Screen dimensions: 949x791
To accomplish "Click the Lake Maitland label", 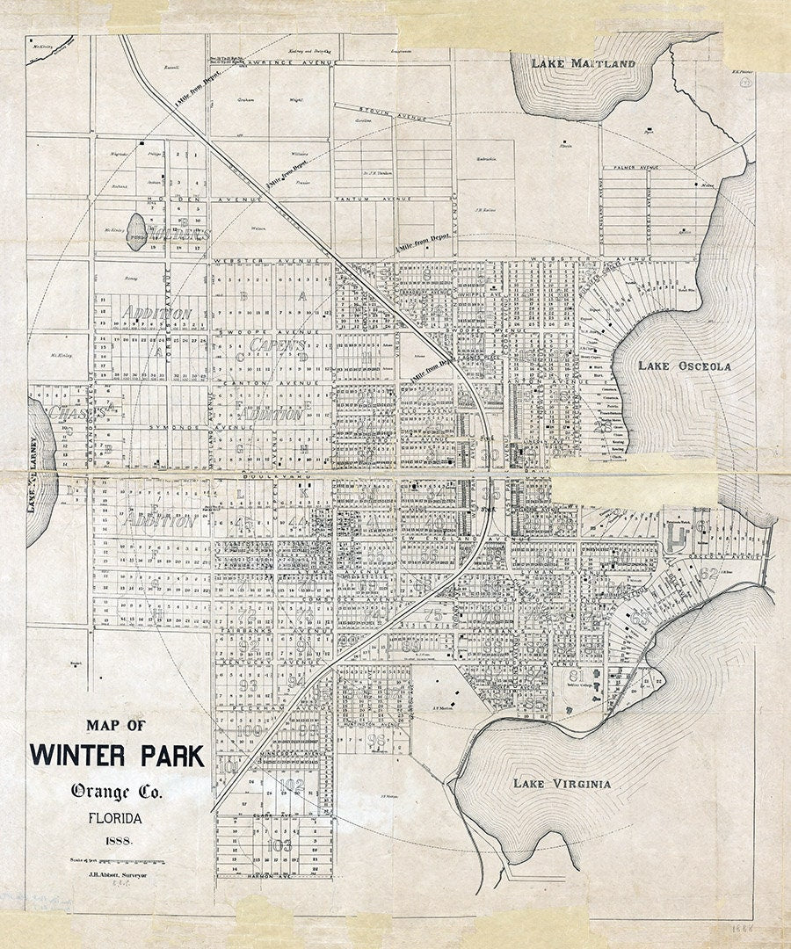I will (x=584, y=64).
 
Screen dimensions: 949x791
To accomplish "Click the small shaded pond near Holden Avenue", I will (x=136, y=230).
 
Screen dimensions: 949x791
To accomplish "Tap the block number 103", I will (x=280, y=845).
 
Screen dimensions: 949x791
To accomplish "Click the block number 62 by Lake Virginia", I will (x=709, y=574).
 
